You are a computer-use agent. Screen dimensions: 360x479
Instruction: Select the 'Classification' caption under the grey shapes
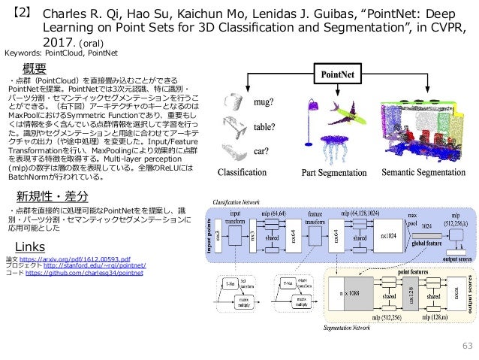(246, 173)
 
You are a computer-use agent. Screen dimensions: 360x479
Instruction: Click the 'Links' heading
(31, 226)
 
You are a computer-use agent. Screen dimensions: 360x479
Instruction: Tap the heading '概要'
(38, 69)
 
